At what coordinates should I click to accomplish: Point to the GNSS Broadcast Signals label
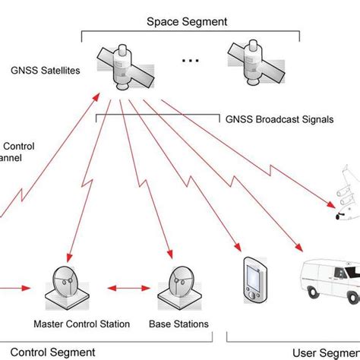point(279,119)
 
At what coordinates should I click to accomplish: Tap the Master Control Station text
point(82,324)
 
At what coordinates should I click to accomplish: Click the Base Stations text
point(182,324)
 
